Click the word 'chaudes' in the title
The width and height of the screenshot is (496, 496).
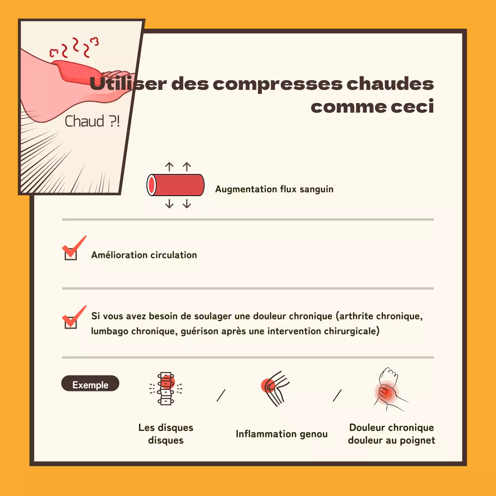tap(390, 84)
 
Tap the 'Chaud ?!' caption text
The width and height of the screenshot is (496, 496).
tap(92, 121)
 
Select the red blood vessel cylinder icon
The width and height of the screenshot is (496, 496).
tap(176, 185)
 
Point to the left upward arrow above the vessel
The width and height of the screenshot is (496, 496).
tap(169, 167)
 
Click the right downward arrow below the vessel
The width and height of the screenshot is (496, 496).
tap(187, 204)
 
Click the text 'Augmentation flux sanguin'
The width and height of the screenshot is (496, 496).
tap(274, 189)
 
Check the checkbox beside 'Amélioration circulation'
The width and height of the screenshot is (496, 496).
tap(71, 253)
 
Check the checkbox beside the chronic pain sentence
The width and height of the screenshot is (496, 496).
tap(71, 322)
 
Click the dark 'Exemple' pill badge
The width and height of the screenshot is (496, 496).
tap(90, 384)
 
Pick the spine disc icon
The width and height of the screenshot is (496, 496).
tap(166, 389)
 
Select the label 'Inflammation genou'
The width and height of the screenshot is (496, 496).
tap(282, 434)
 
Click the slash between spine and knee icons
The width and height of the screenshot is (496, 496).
tap(221, 395)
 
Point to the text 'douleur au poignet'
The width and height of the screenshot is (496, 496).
tap(391, 441)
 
